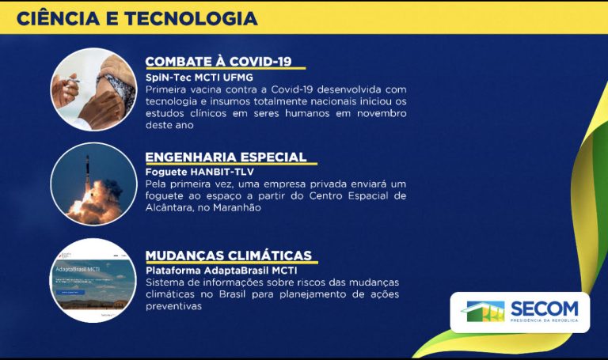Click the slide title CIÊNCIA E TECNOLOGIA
[x=137, y=17]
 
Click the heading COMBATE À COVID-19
[x=218, y=63]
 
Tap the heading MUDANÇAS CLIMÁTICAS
[x=229, y=256]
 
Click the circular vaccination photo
[x=93, y=89]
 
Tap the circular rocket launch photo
[x=93, y=184]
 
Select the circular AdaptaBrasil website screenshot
[x=93, y=280]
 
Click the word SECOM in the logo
[x=544, y=307]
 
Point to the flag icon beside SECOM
[x=484, y=311]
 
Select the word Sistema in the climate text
[x=165, y=282]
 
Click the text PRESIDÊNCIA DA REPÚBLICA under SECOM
[x=544, y=320]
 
